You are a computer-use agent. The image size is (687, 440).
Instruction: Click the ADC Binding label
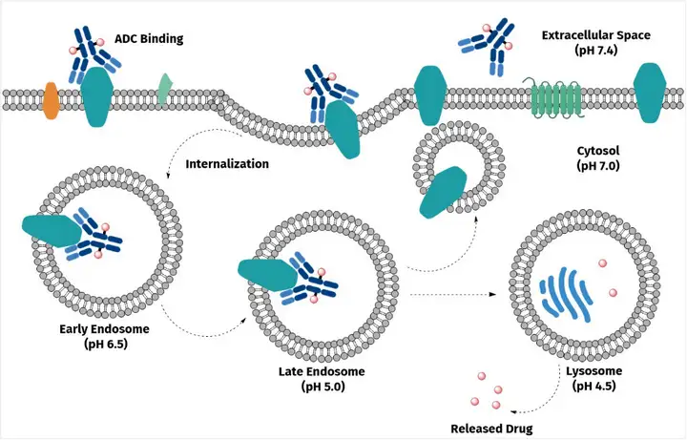coord(149,38)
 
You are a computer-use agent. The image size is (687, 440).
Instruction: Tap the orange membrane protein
coord(51,100)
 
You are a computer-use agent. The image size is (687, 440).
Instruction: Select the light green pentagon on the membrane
coord(165,89)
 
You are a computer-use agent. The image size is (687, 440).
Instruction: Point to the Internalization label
coord(227,164)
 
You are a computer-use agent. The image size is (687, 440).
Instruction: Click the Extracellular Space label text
coord(595,35)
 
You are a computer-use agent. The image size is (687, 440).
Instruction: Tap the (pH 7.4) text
coord(595,50)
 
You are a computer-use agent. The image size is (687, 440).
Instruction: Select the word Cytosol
coord(598,151)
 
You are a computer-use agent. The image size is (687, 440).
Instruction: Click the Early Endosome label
coord(104,328)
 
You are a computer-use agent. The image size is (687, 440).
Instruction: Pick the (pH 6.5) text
coord(106,344)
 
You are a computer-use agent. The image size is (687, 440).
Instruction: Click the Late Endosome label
coord(322,371)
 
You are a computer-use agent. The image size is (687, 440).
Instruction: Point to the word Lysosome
coord(593,370)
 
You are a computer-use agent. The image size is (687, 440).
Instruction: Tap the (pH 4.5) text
coord(593,386)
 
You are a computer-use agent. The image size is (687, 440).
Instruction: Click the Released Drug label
coord(491,429)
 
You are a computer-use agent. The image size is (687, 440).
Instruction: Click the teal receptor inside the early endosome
coord(52,231)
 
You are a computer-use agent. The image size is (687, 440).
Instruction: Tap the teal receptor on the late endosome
coord(268,275)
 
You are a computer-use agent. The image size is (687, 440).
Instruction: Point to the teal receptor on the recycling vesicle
coord(443,192)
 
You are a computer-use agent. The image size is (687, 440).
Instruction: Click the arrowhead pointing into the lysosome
coord(492,295)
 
